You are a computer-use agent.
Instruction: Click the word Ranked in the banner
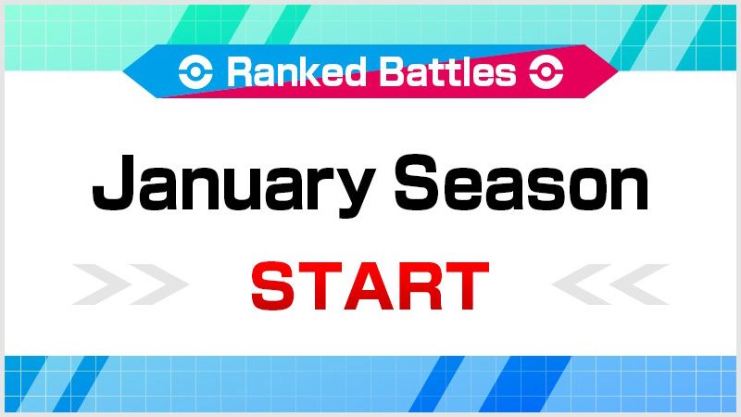(x=296, y=72)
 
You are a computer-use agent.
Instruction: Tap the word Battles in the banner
(x=447, y=72)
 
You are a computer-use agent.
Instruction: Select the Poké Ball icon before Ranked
(x=195, y=72)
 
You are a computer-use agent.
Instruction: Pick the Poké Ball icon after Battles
(x=546, y=72)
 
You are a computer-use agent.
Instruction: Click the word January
(x=233, y=185)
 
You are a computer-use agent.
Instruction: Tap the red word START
(x=370, y=286)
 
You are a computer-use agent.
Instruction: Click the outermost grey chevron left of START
(x=101, y=284)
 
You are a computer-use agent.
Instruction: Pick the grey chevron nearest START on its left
(x=158, y=284)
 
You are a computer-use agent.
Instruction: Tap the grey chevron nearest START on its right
(x=582, y=284)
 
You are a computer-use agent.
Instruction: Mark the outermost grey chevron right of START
(x=639, y=284)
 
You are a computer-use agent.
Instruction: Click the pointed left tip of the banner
(x=123, y=71)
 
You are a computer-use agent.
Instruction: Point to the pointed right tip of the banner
(x=618, y=71)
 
